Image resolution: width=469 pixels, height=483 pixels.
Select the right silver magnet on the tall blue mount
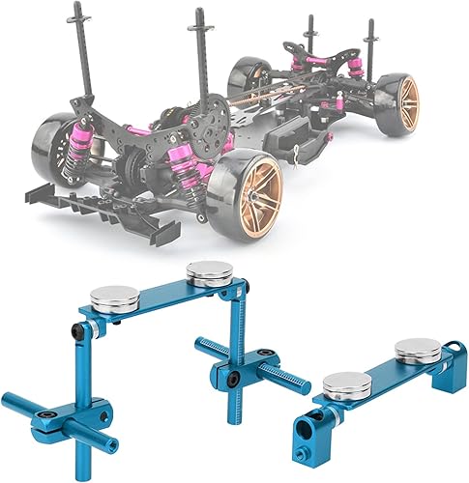208,273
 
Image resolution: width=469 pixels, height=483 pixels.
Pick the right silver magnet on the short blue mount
419,348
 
